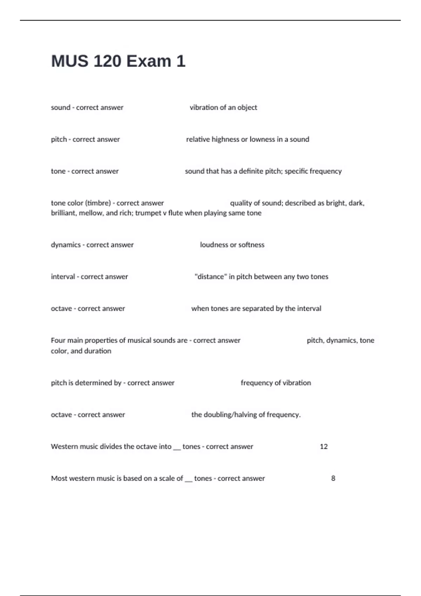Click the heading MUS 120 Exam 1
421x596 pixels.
[x=118, y=61]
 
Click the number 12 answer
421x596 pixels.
[x=323, y=447]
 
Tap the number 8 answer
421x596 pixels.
[x=333, y=479]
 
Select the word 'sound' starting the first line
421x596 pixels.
[x=60, y=108]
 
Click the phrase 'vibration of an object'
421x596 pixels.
[x=223, y=108]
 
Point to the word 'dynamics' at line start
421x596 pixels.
[x=66, y=245]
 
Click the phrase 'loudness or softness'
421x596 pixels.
[x=232, y=245]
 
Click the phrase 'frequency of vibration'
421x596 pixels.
[x=276, y=383]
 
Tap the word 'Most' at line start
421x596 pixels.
[x=59, y=479]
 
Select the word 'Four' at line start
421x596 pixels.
[x=58, y=340]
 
